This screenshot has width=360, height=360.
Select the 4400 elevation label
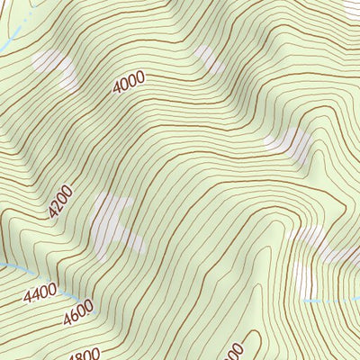tap(40, 291)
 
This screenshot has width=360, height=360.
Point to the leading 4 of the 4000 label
tap(118, 89)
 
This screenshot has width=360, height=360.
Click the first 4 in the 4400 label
tap(30, 295)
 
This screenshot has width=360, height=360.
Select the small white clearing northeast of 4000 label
tap(210, 58)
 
